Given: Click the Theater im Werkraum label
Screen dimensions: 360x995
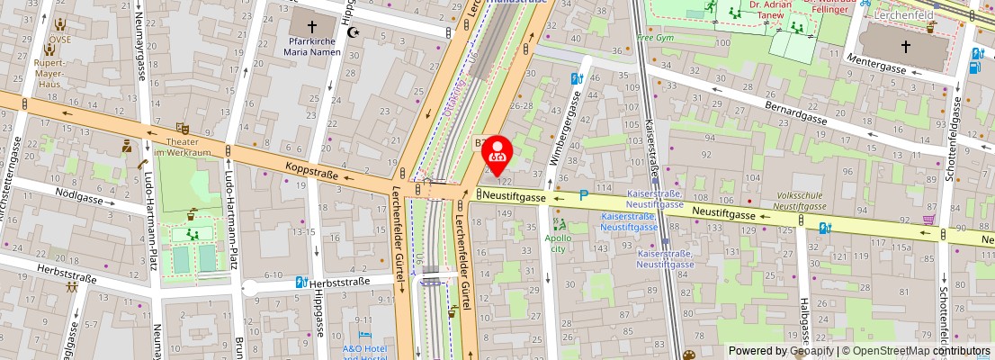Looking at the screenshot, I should [x=183, y=147].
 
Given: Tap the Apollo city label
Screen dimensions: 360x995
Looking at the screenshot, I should [x=559, y=244].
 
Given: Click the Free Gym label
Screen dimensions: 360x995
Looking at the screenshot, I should [x=655, y=38].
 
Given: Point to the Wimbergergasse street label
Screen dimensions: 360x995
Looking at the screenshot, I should [x=567, y=127].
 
